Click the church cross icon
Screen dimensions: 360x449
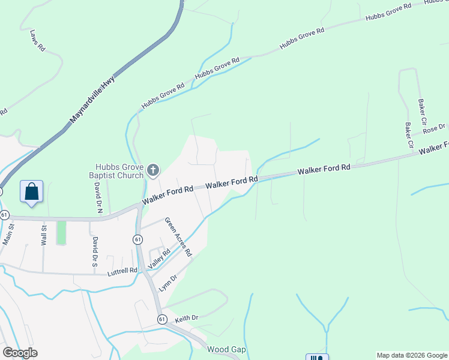point(153,171)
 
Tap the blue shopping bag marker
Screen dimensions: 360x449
point(31,192)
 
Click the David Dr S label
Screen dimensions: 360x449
point(94,251)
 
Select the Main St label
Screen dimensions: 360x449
point(8,234)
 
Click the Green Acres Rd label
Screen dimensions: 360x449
point(178,236)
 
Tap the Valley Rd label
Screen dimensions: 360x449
point(155,259)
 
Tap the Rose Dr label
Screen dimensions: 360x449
point(433,128)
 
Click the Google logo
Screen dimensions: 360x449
point(20,353)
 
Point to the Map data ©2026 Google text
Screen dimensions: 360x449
point(411,355)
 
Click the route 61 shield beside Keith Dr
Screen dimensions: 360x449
point(162,319)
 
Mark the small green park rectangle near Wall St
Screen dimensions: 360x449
point(61,233)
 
